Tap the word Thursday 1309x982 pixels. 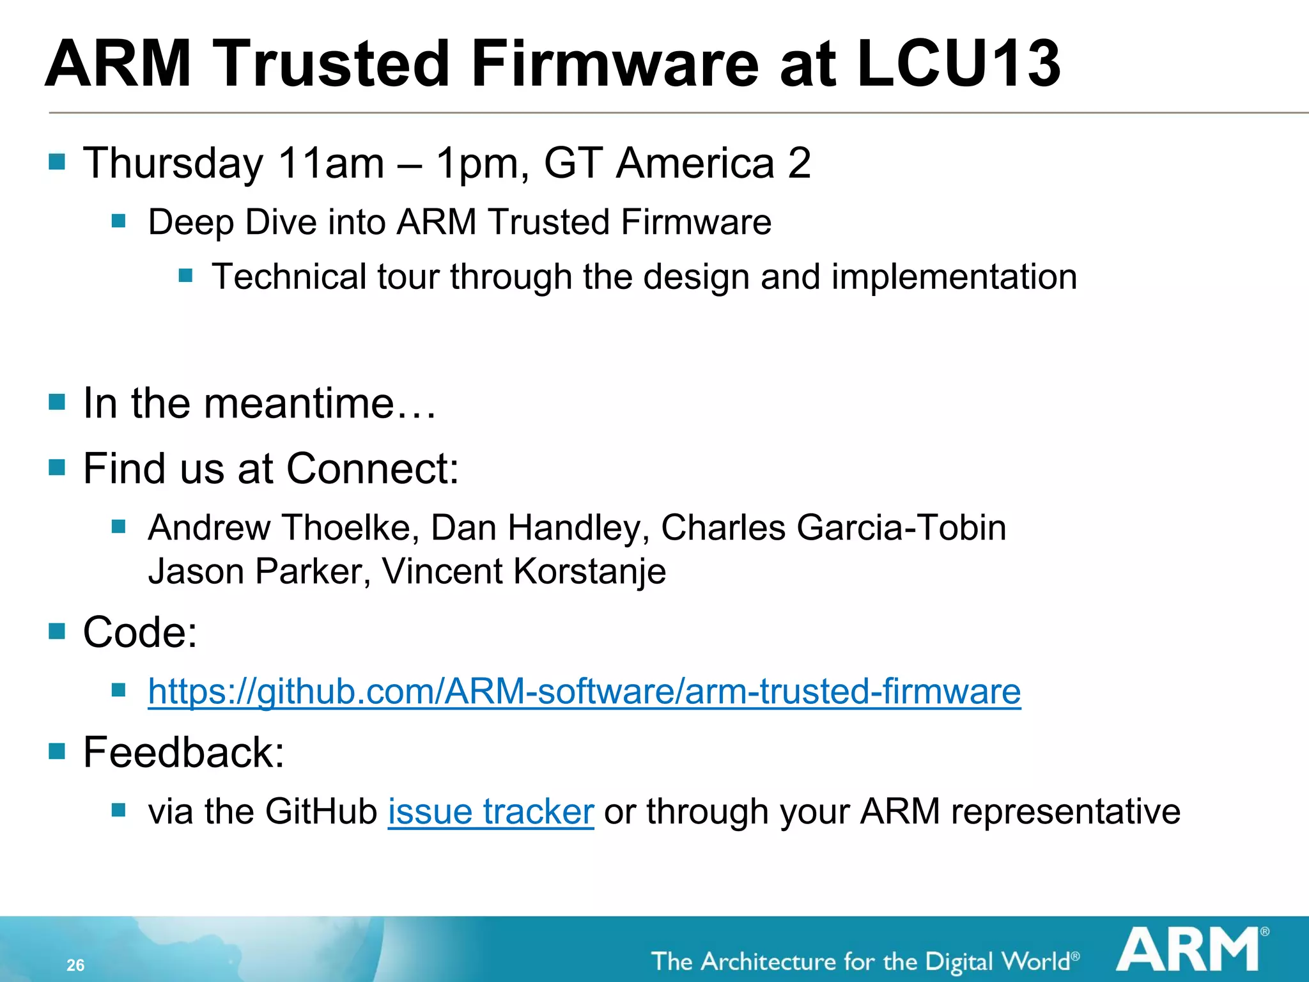173,163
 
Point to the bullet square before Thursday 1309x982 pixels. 57,161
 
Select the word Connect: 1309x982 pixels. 373,469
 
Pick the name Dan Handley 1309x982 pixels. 540,528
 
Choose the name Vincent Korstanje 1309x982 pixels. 523,571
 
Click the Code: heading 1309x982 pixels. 140,632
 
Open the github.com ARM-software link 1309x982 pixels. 584,692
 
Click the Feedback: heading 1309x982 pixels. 183,752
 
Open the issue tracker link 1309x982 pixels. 491,812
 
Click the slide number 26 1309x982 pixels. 75,965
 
